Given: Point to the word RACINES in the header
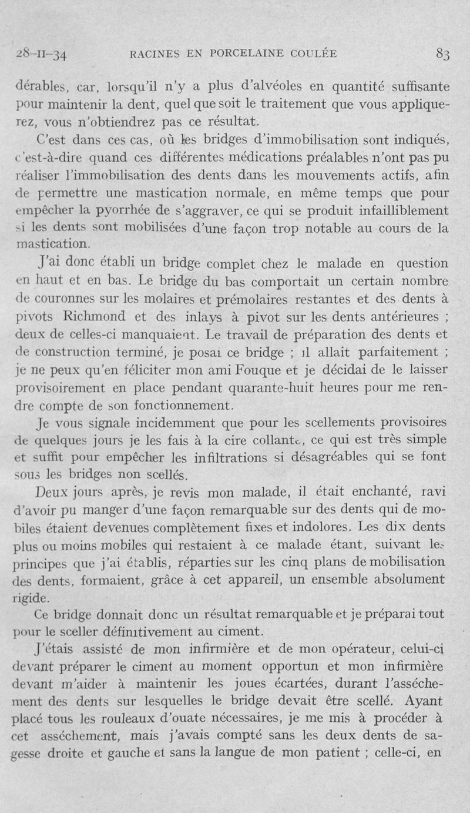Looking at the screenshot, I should click(x=152, y=54).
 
